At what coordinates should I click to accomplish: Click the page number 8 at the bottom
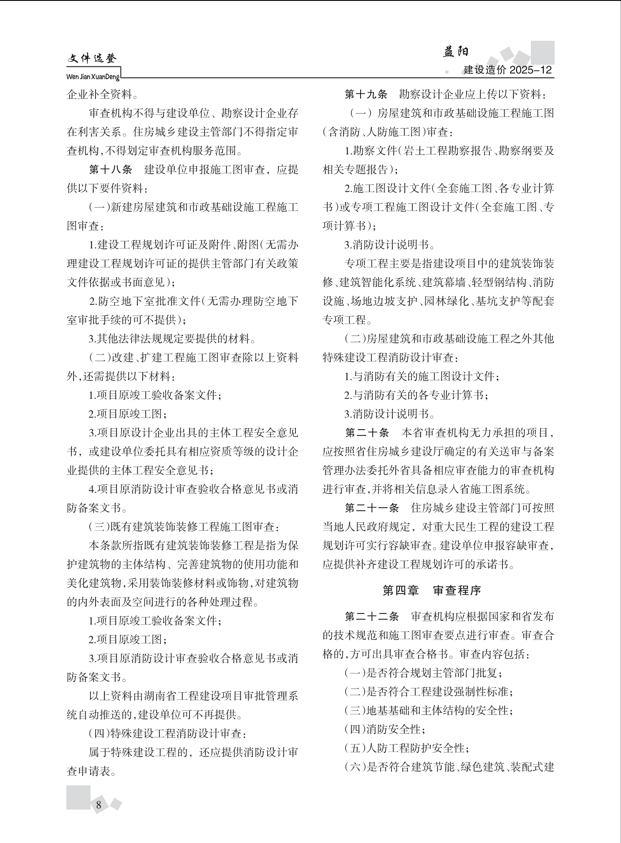tap(98, 805)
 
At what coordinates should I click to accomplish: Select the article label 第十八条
tap(111, 170)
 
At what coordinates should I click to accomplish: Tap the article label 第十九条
tap(366, 94)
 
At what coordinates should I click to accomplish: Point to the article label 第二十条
tap(367, 433)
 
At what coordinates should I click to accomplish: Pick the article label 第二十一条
tap(372, 508)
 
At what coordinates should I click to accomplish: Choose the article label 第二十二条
tap(372, 616)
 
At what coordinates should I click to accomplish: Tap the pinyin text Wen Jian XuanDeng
tap(93, 77)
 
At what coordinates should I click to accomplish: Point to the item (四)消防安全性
tap(385, 729)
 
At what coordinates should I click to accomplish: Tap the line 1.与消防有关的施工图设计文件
tap(422, 376)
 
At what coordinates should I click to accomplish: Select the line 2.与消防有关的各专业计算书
tap(416, 395)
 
